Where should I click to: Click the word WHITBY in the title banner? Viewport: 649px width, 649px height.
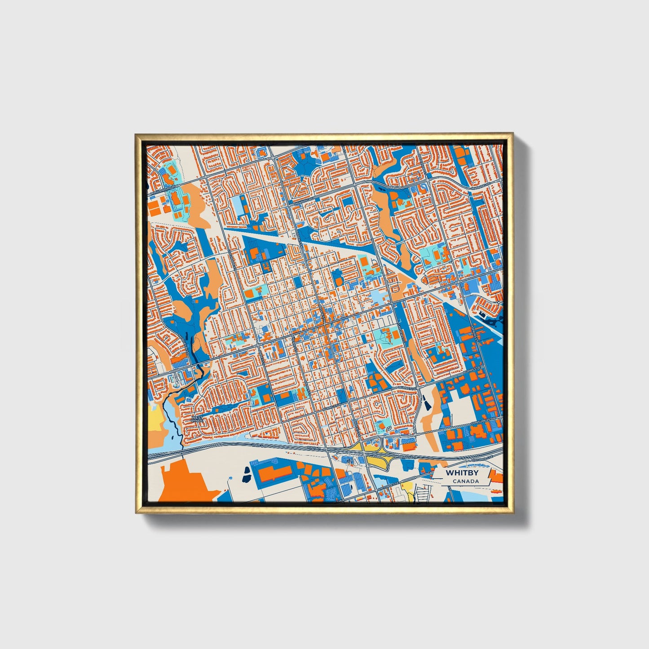point(459,473)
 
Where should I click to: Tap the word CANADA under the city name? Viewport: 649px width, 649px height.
point(465,481)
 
